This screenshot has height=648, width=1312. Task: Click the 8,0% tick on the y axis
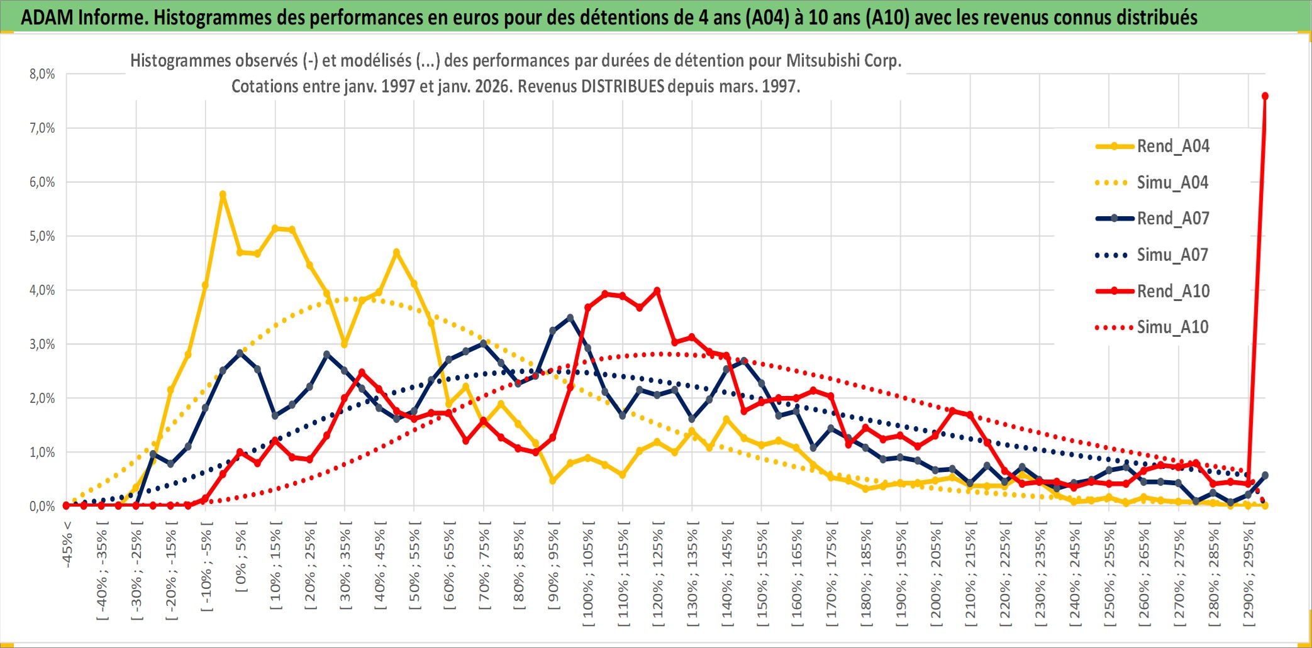42,74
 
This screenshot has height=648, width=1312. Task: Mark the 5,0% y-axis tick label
42,236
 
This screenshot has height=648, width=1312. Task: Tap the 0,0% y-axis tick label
42,507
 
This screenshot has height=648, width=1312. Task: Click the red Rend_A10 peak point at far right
1265,96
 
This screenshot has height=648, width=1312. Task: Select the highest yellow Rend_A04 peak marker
223,194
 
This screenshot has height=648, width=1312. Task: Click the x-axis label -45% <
67,544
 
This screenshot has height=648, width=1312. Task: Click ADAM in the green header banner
47,17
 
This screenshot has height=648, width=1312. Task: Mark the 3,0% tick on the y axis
42,344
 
